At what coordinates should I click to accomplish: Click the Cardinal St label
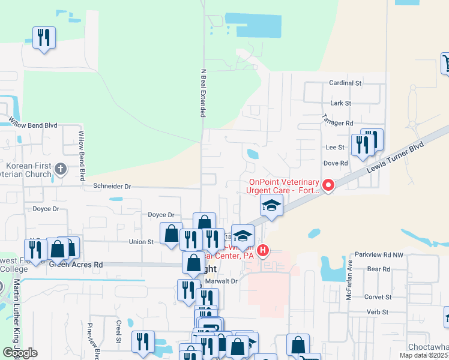[345, 83]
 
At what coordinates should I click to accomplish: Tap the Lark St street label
[340, 103]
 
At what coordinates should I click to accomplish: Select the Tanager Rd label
[337, 122]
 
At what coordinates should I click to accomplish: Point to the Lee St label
[335, 147]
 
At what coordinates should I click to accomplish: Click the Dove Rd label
[336, 163]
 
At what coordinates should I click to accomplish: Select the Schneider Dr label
[112, 187]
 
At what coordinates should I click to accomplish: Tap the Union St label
[142, 242]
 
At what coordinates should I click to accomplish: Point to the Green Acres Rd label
[76, 264]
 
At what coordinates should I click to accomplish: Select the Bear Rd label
[379, 269]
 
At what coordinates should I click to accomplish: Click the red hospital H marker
[262, 250]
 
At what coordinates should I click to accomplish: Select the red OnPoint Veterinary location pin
[328, 185]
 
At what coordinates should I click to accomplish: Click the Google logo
[20, 353]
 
